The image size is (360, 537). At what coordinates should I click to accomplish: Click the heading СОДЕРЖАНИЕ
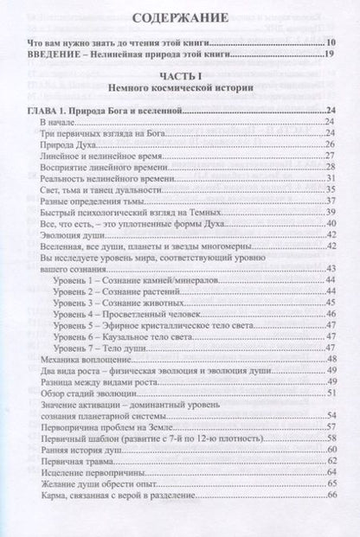pyautogui.click(x=180, y=17)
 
